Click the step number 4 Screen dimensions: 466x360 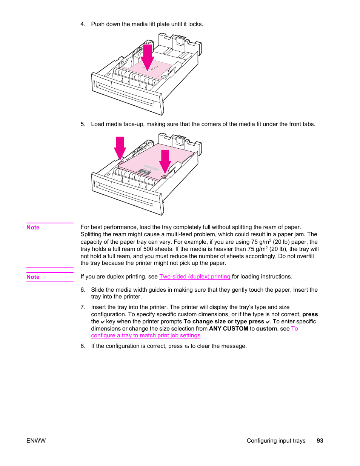(83, 24)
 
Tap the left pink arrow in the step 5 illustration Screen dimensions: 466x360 (120, 148)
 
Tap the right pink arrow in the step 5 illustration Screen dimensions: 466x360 (165, 161)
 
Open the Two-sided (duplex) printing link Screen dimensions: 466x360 (195, 277)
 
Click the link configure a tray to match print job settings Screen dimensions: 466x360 (146, 335)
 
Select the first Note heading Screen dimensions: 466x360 (33, 228)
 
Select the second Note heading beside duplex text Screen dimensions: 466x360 (33, 277)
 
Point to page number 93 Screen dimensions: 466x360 (320, 441)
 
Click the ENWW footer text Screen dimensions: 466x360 (36, 441)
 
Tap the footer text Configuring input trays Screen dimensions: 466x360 (276, 441)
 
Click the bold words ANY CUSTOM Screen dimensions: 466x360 (229, 329)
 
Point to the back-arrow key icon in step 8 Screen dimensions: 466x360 (186, 346)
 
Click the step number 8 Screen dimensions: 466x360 (83, 346)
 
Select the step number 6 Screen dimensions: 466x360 (83, 290)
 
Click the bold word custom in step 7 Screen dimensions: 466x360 (266, 329)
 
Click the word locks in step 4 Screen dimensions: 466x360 (195, 24)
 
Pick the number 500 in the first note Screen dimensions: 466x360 (148, 249)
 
